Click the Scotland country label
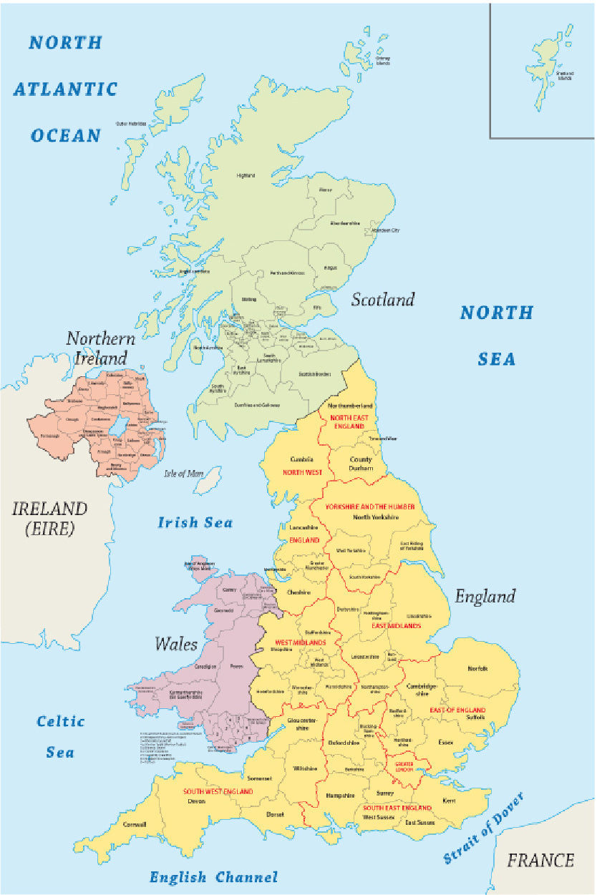(x=382, y=300)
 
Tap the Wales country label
(x=176, y=644)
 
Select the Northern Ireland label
(x=101, y=348)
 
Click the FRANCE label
(x=540, y=860)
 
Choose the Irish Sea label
(x=195, y=523)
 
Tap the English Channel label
(x=213, y=877)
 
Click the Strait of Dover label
(x=483, y=828)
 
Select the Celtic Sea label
(x=61, y=736)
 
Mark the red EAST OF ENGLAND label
(x=457, y=710)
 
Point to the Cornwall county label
(x=134, y=824)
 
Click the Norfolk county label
(x=477, y=668)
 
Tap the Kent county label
(x=449, y=801)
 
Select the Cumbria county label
(x=302, y=459)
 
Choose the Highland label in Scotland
(x=246, y=175)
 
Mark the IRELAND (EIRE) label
(x=49, y=519)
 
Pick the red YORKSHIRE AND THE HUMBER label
(x=369, y=507)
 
